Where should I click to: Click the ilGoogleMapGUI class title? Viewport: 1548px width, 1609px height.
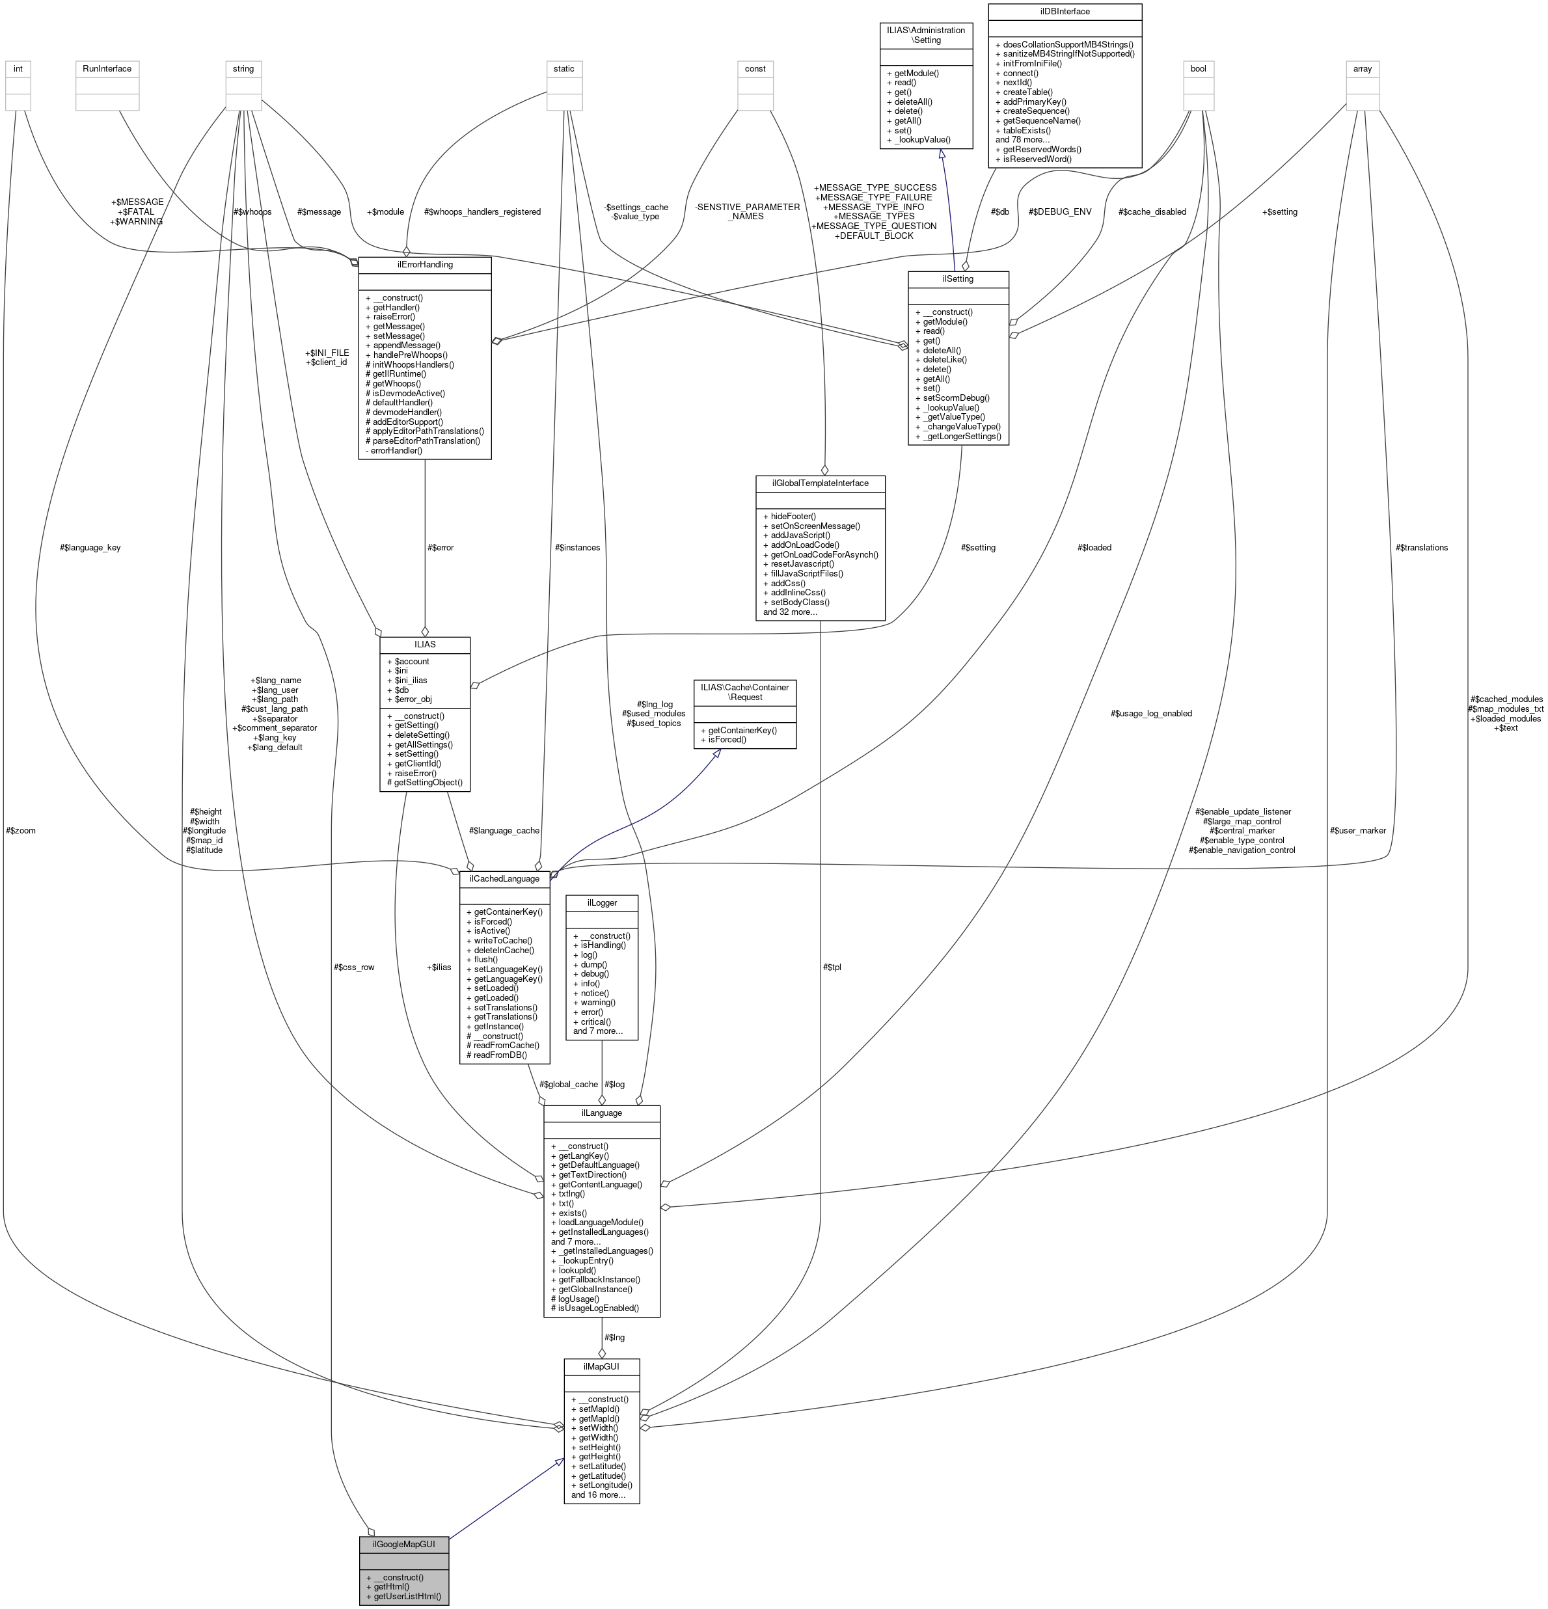pyautogui.click(x=404, y=1544)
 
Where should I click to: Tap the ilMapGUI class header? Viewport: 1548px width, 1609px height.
pyautogui.click(x=602, y=1367)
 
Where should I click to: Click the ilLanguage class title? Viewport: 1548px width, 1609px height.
pyautogui.click(x=601, y=1113)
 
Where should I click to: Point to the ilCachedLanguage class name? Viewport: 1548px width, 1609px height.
pyautogui.click(x=504, y=878)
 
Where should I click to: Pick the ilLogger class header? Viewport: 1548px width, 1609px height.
pyautogui.click(x=602, y=902)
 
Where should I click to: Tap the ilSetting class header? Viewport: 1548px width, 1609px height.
pyautogui.click(x=958, y=279)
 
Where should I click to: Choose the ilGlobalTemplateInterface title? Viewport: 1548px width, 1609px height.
pyautogui.click(x=820, y=483)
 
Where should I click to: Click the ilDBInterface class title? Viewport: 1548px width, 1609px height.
pyautogui.click(x=1065, y=12)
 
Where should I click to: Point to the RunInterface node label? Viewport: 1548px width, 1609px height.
pyautogui.click(x=107, y=68)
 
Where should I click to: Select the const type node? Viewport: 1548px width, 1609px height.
pyautogui.click(x=755, y=68)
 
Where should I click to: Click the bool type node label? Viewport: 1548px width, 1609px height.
pyautogui.click(x=1198, y=68)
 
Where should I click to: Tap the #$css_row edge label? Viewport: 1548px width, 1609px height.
pyautogui.click(x=354, y=967)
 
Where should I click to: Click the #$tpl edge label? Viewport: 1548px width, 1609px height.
pyautogui.click(x=832, y=967)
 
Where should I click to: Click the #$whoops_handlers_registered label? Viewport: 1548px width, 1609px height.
pyautogui.click(x=482, y=212)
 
